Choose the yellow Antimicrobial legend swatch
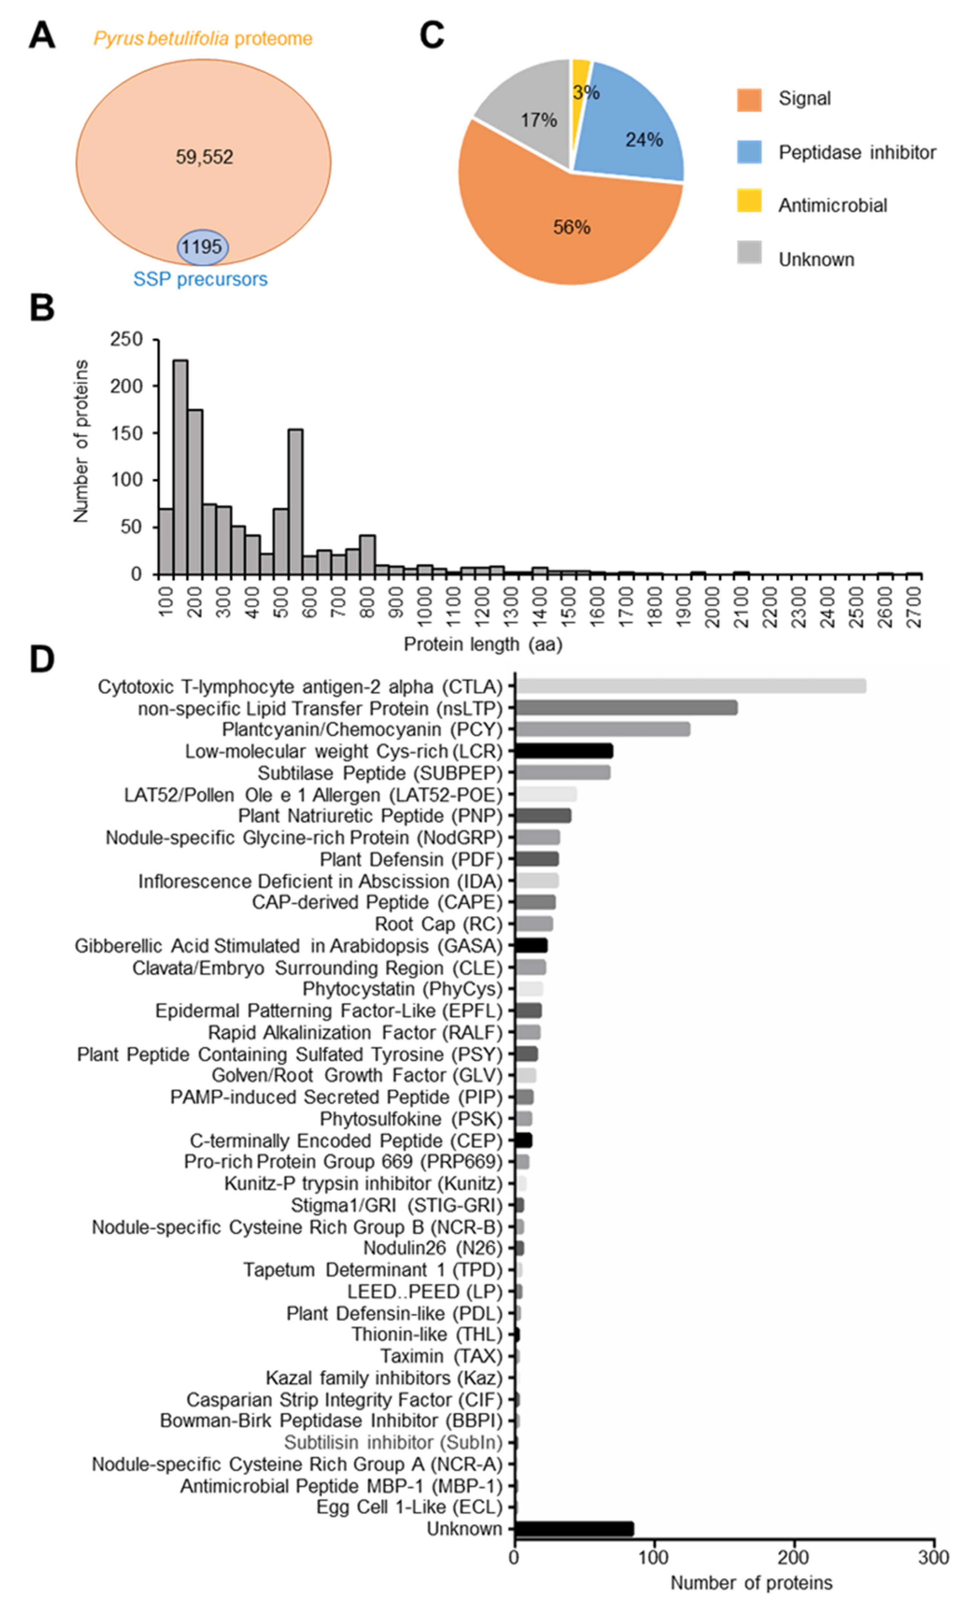click(749, 200)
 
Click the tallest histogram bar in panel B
click(180, 466)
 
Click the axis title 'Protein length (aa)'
click(483, 644)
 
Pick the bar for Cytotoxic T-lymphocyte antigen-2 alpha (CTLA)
click(690, 686)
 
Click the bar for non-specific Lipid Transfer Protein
click(626, 708)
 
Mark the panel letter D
click(42, 660)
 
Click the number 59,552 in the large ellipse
click(204, 157)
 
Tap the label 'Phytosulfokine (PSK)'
click(411, 1119)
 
